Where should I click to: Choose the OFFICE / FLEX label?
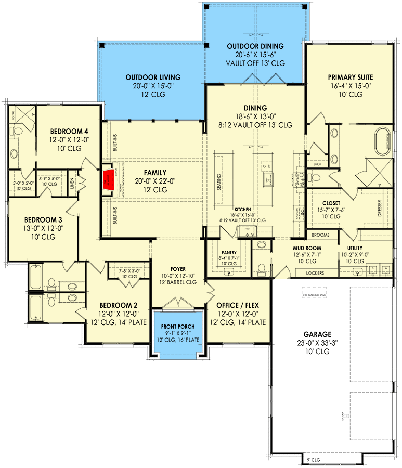pos(238,305)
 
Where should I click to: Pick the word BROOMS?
pos(321,235)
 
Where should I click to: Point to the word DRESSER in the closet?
pos(379,207)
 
